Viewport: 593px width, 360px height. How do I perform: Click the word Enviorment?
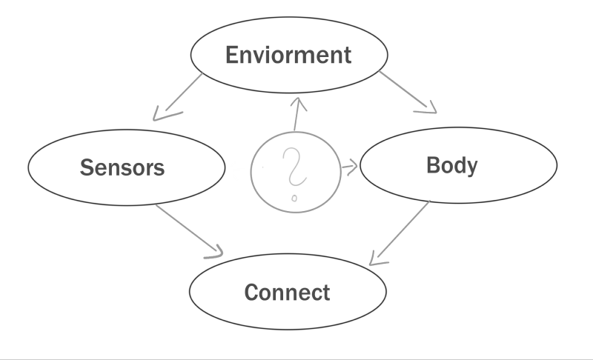pos(288,55)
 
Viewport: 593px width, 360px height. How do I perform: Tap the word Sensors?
pos(122,167)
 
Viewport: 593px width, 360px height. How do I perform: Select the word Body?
pos(452,164)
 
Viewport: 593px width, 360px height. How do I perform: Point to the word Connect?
pos(288,292)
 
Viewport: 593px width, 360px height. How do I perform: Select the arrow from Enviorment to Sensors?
pos(178,95)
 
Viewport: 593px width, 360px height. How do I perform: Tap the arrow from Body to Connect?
pos(400,232)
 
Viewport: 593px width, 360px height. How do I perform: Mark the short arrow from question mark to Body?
pos(348,167)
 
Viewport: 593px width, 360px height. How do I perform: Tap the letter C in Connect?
pos(252,292)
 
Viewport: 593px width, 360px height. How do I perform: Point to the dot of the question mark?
pos(294,198)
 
